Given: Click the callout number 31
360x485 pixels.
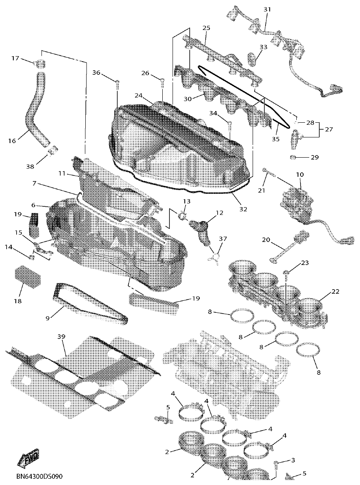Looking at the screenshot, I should pos(267,9).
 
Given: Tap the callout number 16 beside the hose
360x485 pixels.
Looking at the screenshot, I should pos(12,141).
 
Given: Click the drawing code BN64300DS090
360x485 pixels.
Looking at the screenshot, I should pos(40,476).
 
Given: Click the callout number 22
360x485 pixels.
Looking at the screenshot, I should pos(335,292).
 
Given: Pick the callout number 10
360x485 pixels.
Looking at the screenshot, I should pos(300,174).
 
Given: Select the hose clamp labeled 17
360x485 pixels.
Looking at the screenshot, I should pos(40,64).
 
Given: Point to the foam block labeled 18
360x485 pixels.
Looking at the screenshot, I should pos(28,277).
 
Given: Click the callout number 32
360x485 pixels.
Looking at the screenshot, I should pos(243,209).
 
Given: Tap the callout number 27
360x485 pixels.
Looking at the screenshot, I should pos(329,129).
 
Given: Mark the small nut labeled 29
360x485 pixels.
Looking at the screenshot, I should pos(293,157).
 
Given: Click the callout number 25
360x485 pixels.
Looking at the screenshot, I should pos(206,28).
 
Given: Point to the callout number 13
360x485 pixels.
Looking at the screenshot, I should pos(186,201).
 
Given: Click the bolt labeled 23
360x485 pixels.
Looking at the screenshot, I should pos(287,273).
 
